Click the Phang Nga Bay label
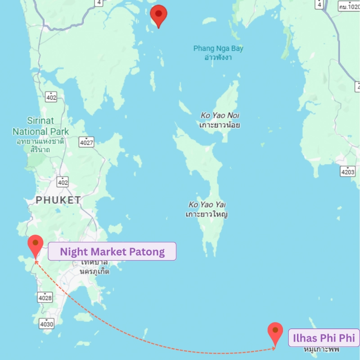click(x=218, y=48)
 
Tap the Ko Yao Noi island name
click(x=220, y=116)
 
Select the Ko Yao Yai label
click(x=207, y=205)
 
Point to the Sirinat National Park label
click(x=40, y=126)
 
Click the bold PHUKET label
click(x=58, y=200)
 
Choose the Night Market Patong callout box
click(x=112, y=252)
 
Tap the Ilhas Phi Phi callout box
click(x=324, y=337)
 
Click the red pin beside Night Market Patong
click(x=35, y=246)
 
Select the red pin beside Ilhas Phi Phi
click(x=275, y=333)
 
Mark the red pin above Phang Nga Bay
click(x=158, y=16)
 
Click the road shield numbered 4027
click(x=86, y=143)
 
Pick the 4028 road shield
click(x=45, y=297)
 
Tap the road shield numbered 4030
click(x=46, y=323)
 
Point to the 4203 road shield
click(x=348, y=171)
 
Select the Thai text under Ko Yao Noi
click(x=220, y=125)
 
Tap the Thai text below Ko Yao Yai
click(x=207, y=214)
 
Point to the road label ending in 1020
click(x=349, y=6)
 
